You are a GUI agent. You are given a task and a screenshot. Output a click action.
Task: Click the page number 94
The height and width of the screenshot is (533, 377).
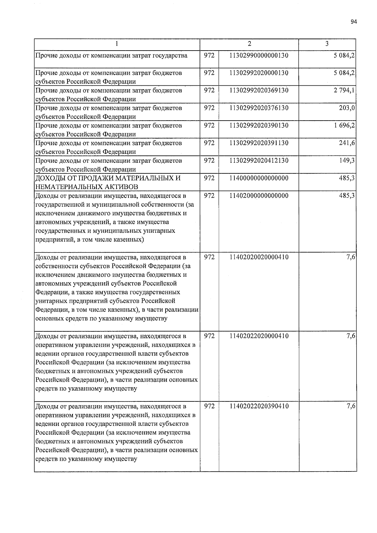coord(354,22)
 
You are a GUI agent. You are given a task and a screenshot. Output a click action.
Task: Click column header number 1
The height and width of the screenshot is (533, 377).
coord(117,44)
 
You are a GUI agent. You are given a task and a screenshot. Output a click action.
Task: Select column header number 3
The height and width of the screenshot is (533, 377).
coord(327,44)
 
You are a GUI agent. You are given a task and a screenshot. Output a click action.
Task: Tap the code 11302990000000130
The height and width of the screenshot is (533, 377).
coord(259,56)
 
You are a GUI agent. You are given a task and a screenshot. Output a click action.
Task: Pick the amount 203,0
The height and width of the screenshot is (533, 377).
coord(349,108)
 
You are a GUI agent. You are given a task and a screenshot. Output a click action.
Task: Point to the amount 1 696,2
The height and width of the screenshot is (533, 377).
coord(345,126)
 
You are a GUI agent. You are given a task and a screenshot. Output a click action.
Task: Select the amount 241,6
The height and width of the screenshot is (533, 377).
coord(349,143)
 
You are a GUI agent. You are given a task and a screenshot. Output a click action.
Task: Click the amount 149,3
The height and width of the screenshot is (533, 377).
coord(349,161)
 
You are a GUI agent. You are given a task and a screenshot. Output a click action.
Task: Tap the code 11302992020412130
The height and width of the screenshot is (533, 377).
coord(259,161)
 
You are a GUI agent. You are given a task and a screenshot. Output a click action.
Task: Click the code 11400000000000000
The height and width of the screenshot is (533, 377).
coord(259,178)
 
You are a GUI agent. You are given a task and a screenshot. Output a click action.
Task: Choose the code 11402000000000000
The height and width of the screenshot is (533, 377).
coord(259,196)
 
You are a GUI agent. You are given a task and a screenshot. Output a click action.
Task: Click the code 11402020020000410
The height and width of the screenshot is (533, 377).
coord(259,258)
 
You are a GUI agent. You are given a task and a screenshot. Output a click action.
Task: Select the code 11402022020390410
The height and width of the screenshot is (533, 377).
coord(259,406)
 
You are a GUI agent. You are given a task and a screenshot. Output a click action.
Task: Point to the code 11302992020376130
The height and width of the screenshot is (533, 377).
coord(259,108)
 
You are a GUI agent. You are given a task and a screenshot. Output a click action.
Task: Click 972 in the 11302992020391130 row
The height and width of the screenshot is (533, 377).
coord(209,143)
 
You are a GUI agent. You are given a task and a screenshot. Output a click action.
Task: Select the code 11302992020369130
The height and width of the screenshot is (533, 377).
coord(259,90)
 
